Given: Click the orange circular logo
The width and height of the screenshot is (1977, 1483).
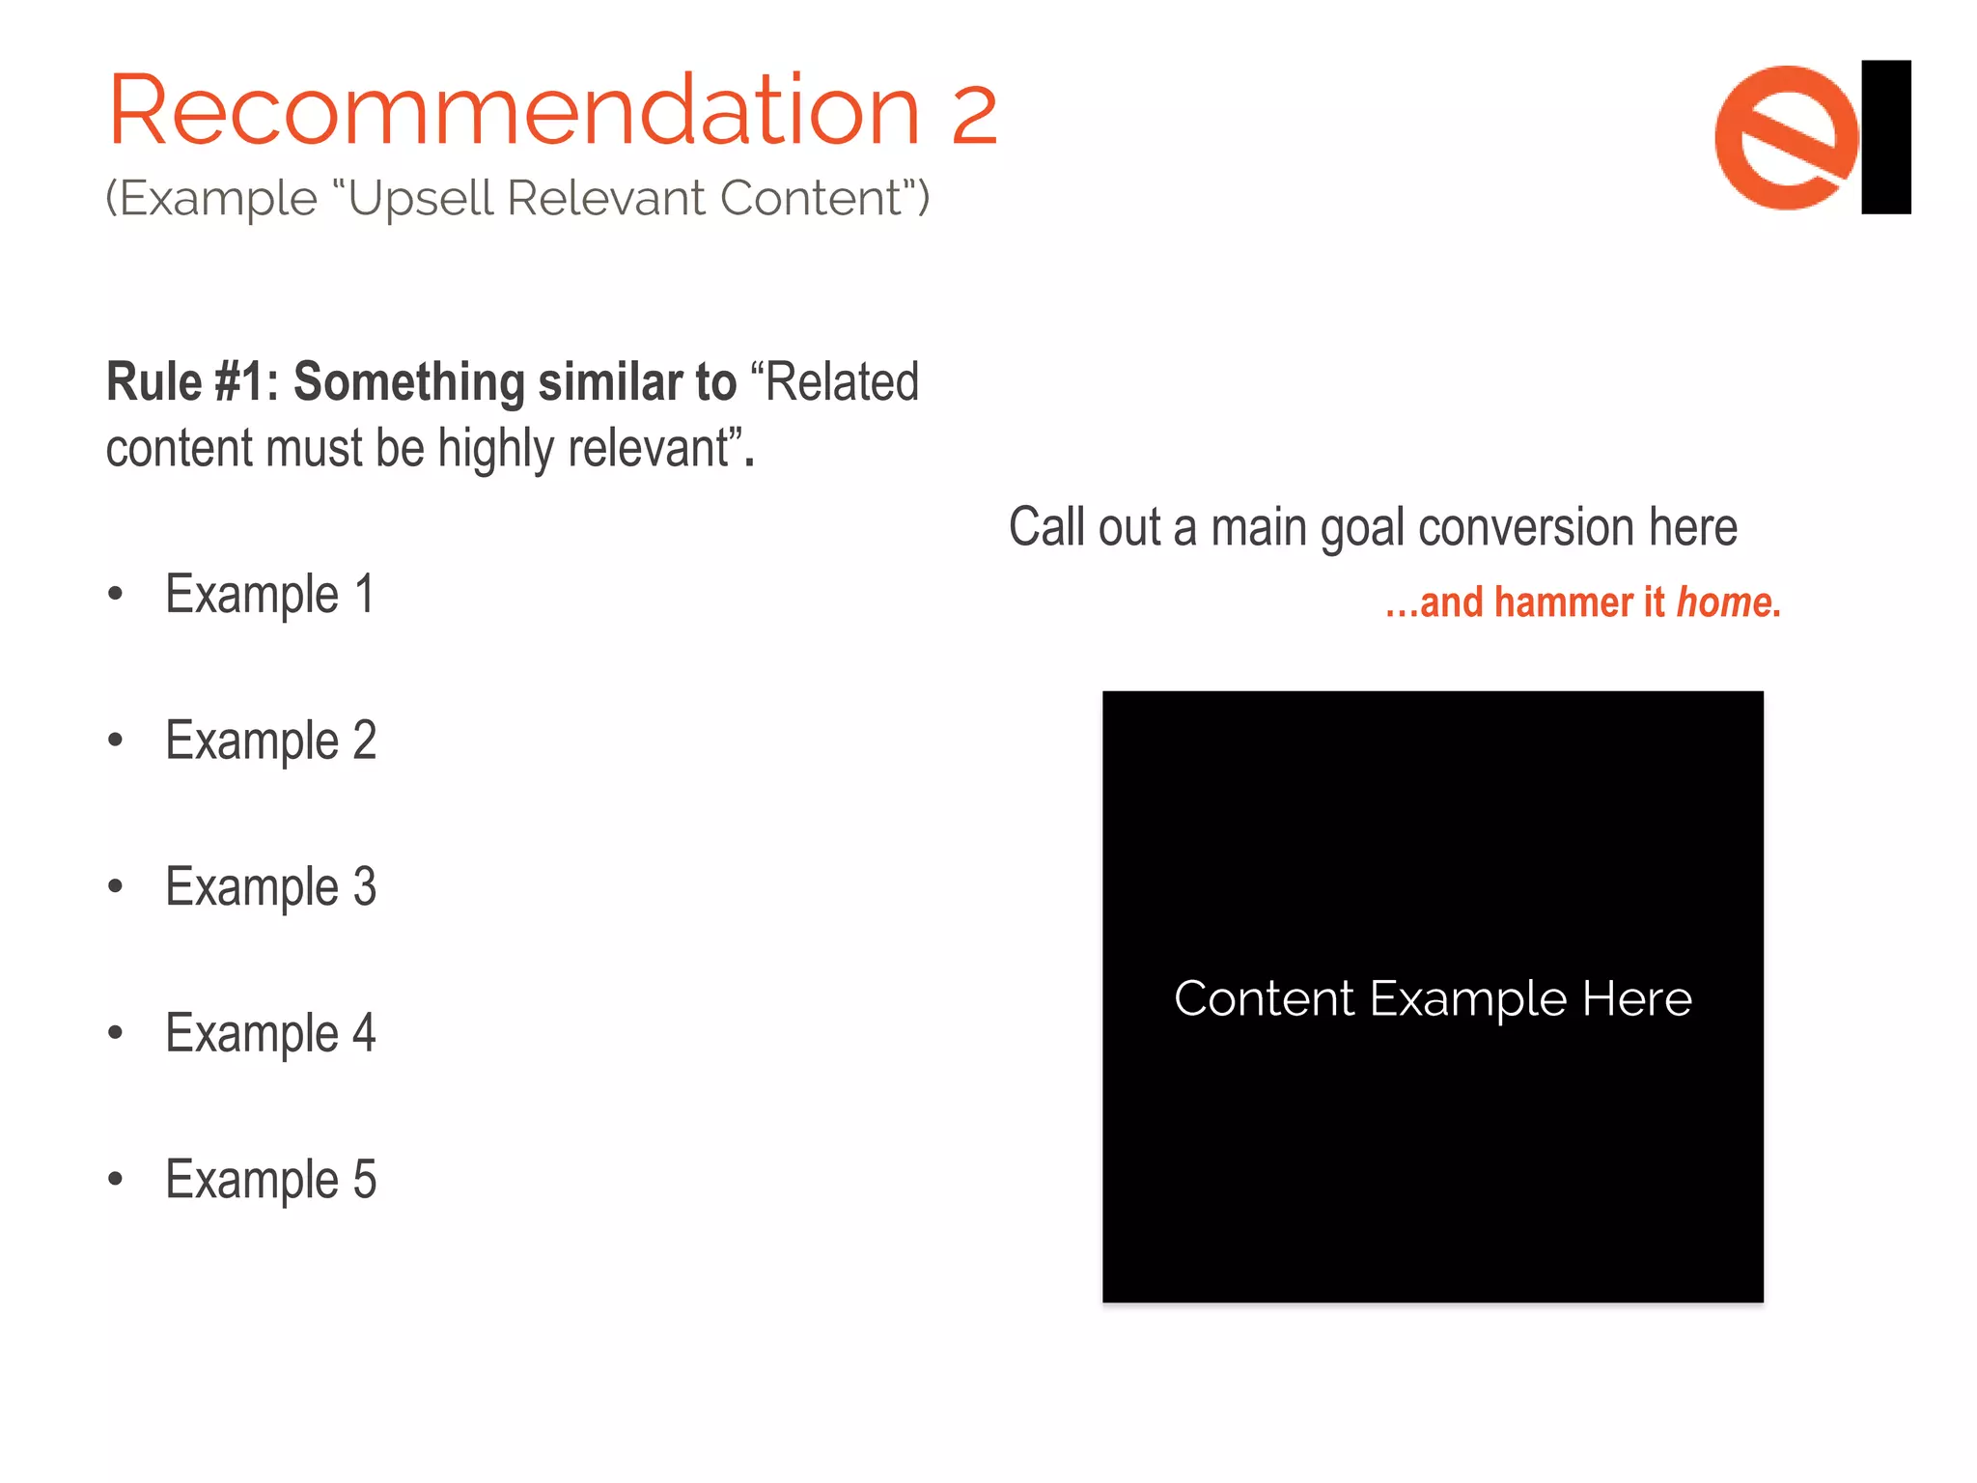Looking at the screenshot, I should coord(1786,137).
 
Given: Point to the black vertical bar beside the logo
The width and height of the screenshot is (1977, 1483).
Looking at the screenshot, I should coord(1886,137).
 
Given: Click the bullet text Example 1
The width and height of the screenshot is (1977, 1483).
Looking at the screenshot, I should coord(269,594).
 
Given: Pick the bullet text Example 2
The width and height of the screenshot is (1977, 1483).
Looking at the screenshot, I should coord(270,741).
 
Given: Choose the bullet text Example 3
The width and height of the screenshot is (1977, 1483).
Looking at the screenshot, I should coord(270,886).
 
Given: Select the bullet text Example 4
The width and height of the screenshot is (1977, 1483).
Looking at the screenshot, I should coord(270,1033).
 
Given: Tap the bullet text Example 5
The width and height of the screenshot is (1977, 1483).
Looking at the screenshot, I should coord(270,1179).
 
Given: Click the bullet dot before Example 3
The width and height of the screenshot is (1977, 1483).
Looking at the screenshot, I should coord(116,886).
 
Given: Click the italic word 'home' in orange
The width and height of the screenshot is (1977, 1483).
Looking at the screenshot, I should coord(1724,602).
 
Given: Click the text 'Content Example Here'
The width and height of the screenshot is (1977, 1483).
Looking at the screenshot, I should coord(1433,998).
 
